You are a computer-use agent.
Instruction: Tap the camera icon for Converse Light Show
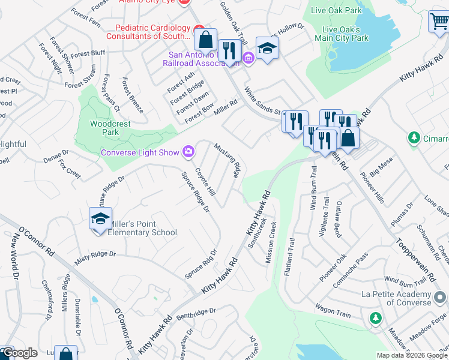pyautogui.click(x=189, y=152)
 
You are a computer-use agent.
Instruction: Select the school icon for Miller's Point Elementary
pyautogui.click(x=101, y=218)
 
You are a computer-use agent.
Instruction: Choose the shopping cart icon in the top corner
pyautogui.click(x=439, y=22)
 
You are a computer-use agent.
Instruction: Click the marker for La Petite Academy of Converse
pyautogui.click(x=440, y=296)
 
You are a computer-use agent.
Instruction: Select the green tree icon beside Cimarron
pyautogui.click(x=414, y=139)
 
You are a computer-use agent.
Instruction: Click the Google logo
pyautogui.click(x=19, y=353)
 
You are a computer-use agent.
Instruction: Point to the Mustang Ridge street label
pyautogui.click(x=228, y=161)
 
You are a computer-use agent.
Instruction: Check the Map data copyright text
pyautogui.click(x=411, y=355)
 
